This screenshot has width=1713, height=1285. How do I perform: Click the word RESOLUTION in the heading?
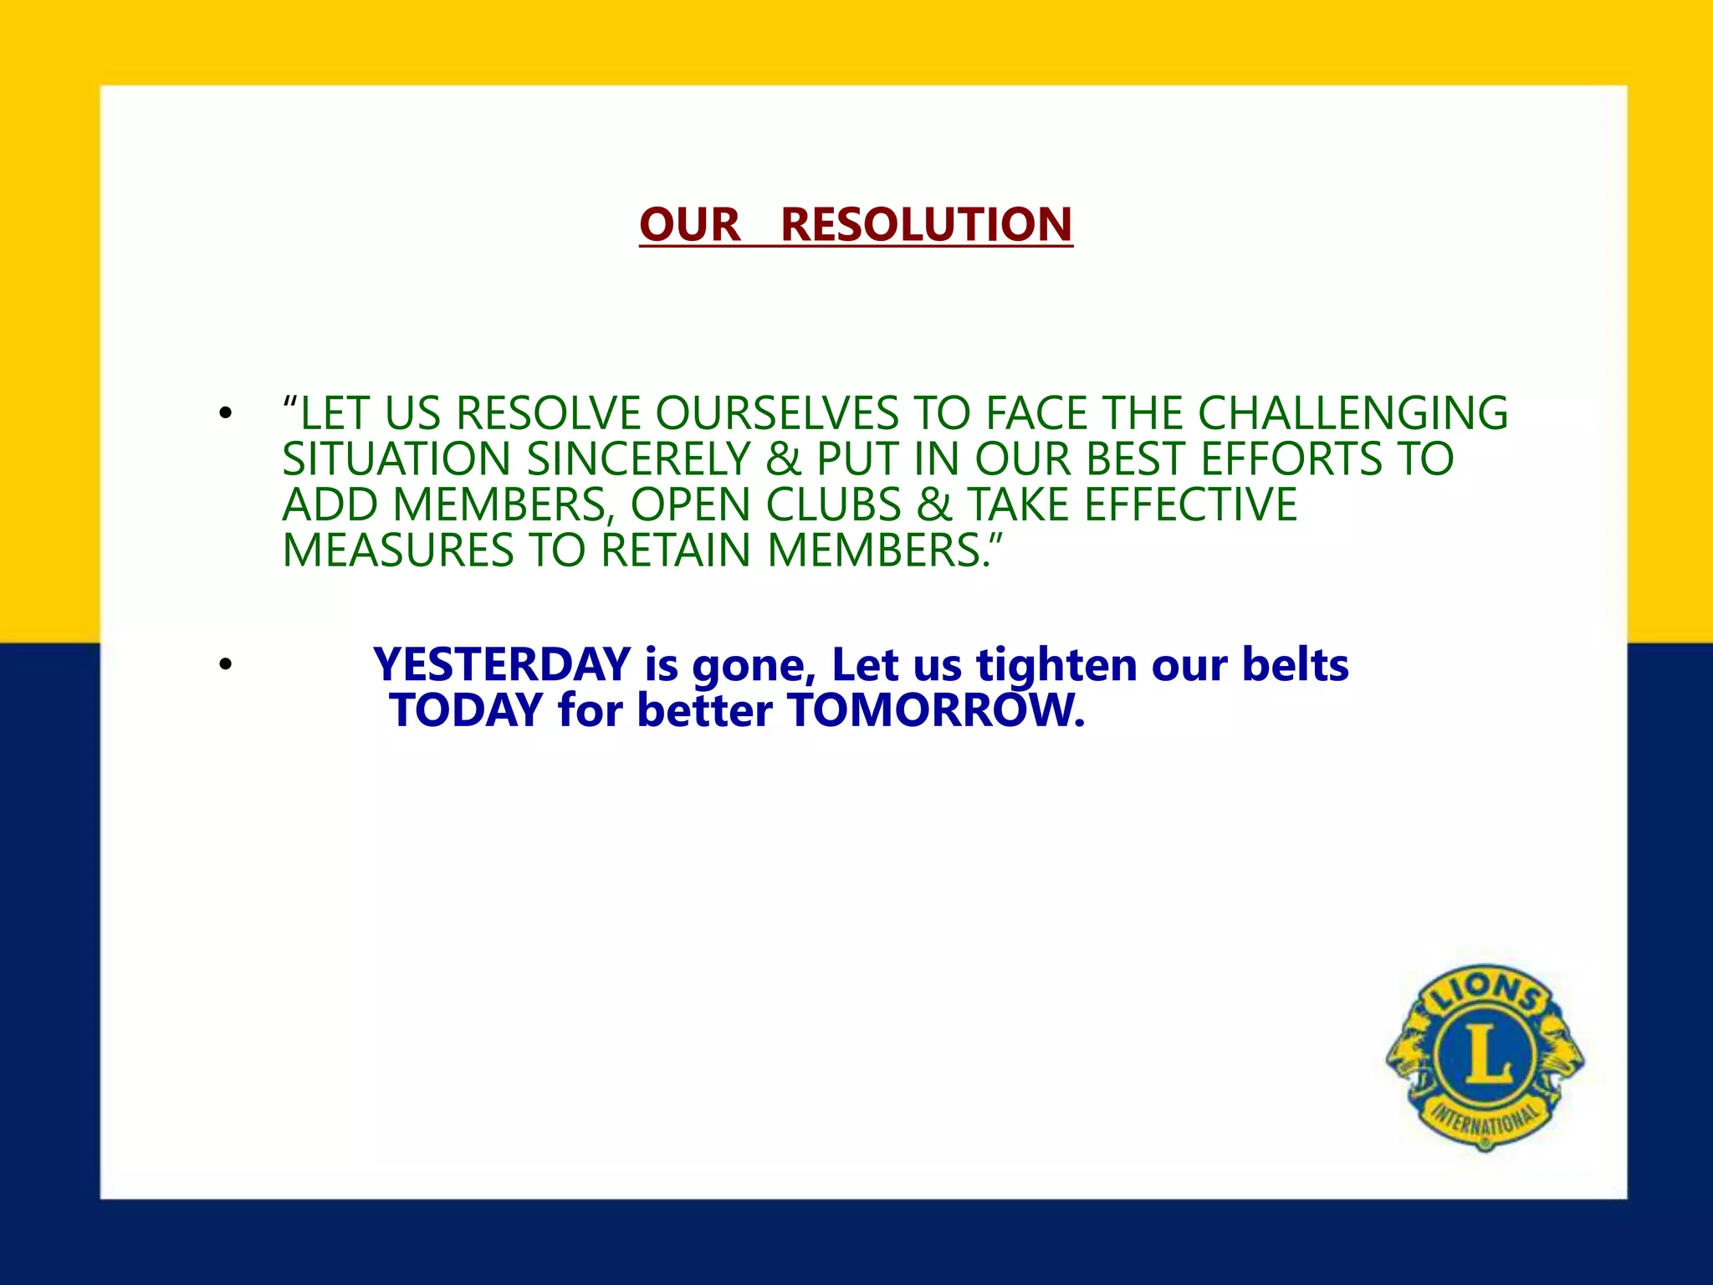(926, 224)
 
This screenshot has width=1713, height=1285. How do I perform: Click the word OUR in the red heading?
(690, 224)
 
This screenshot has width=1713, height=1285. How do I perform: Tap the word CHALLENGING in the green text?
(1353, 413)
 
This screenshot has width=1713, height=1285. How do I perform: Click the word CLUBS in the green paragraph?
(833, 505)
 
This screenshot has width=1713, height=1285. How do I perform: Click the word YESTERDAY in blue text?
(502, 665)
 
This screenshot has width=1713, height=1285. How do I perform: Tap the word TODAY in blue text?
(467, 710)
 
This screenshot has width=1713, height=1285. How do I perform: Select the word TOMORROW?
(936, 710)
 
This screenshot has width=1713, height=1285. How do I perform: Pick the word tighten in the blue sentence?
(1056, 665)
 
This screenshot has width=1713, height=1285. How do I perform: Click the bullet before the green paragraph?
(223, 413)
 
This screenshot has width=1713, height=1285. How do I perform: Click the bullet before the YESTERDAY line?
(223, 665)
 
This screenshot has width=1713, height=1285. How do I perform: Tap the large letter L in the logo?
(1485, 1057)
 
